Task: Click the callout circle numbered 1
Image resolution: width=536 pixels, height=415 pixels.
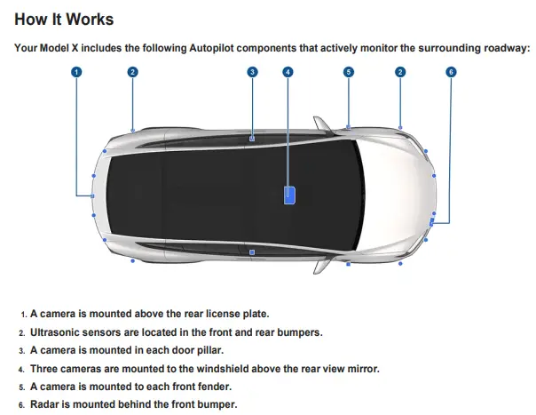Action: (x=76, y=72)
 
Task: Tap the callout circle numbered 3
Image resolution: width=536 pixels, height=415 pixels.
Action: (x=252, y=72)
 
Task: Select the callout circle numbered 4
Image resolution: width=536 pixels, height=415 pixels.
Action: (x=288, y=72)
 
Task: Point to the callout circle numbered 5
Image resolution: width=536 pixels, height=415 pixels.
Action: (x=349, y=72)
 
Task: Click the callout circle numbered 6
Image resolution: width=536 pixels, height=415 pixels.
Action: (x=451, y=72)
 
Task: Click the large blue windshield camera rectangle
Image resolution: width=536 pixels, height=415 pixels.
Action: (x=290, y=196)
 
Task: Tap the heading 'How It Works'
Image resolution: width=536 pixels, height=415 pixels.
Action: (x=64, y=20)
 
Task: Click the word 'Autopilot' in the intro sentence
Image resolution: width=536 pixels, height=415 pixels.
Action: (x=211, y=48)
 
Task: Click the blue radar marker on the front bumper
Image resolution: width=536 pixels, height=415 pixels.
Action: (x=432, y=222)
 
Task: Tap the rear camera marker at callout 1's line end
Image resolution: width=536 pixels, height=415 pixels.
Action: (x=92, y=196)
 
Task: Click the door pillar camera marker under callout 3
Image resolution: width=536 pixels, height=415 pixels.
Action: (x=252, y=139)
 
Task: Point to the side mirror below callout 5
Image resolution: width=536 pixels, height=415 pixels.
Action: (x=322, y=124)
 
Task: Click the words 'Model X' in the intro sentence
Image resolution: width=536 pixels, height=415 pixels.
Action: (x=59, y=48)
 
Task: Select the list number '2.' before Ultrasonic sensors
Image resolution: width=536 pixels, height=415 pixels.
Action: (x=22, y=333)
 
